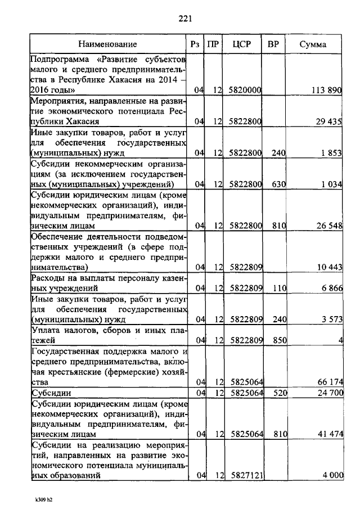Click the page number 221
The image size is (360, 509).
[186, 19]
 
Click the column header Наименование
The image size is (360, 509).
[107, 44]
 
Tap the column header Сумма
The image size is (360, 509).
[313, 44]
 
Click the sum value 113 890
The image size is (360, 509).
[326, 90]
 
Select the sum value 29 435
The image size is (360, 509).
[329, 121]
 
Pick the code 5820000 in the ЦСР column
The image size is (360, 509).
[245, 90]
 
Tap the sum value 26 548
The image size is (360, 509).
[329, 226]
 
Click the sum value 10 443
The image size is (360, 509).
[329, 267]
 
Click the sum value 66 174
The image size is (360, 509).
[329, 382]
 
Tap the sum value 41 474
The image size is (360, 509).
[329, 434]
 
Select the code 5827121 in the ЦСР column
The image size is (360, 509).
[245, 476]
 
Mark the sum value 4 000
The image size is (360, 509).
[332, 476]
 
